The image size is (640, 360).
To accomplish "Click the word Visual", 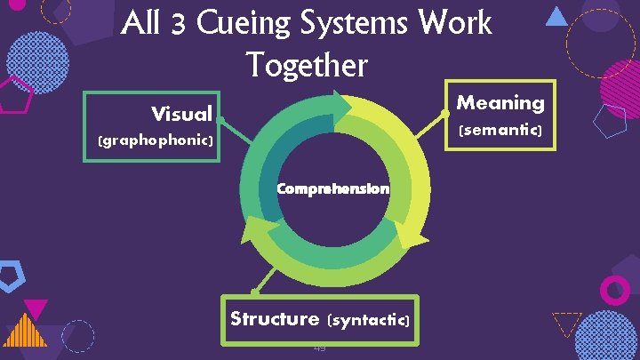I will click(181, 114).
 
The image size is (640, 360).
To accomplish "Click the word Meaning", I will click(500, 103).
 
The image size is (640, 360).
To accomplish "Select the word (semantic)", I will click(500, 130).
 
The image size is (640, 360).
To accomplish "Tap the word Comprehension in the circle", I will click(332, 188).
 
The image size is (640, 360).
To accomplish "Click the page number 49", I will click(319, 348).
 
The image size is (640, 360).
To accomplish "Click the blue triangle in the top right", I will click(556, 16).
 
